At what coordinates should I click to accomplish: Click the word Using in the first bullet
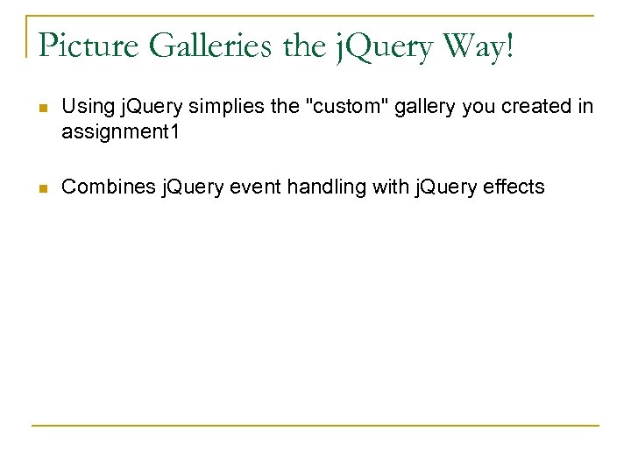click(83, 107)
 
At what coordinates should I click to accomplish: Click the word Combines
click(102, 186)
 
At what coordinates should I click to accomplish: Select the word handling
click(318, 186)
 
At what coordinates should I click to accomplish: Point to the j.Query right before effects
click(438, 187)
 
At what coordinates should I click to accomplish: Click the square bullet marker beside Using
click(40, 108)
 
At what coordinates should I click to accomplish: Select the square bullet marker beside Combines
click(40, 187)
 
